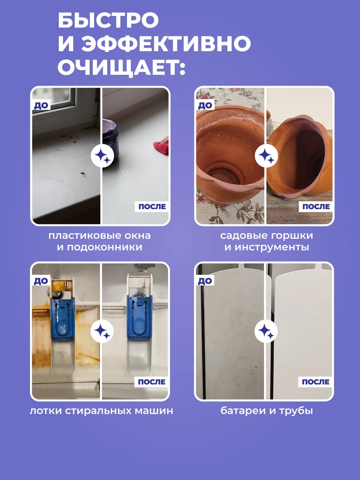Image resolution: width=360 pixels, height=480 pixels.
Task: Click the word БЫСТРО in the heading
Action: click(x=108, y=20)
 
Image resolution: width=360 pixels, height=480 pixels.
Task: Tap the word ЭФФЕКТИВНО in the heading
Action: click(x=166, y=43)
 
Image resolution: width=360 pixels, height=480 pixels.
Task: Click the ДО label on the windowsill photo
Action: click(x=41, y=106)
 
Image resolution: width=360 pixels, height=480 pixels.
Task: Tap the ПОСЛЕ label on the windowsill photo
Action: click(x=152, y=206)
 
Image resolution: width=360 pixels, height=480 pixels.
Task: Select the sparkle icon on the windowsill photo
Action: click(x=102, y=156)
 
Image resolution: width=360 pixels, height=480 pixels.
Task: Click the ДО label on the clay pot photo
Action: click(x=205, y=106)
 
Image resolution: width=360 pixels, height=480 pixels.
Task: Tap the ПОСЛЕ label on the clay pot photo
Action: click(x=316, y=206)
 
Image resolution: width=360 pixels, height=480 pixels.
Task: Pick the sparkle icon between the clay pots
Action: click(x=266, y=156)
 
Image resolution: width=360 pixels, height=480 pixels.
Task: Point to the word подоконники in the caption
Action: click(x=104, y=247)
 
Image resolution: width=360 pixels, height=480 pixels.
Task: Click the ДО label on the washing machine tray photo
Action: click(x=41, y=281)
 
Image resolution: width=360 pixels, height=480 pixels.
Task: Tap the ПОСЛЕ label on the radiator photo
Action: click(x=316, y=382)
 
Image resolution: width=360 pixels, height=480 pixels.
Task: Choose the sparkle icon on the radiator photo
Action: click(x=266, y=331)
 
